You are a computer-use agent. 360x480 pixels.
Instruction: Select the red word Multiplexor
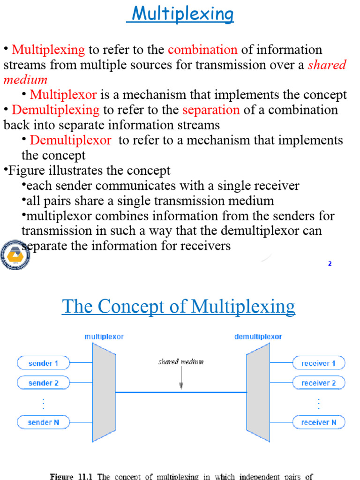(63, 95)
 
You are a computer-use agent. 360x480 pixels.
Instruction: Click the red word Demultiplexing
(56, 110)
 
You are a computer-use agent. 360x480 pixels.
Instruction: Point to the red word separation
(211, 110)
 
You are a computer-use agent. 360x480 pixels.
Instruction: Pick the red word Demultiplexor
(71, 140)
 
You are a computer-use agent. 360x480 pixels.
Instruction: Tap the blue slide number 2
(330, 263)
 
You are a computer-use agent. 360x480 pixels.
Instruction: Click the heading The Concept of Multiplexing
(179, 307)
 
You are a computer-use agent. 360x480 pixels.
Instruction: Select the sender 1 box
(44, 363)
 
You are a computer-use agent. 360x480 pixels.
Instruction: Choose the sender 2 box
(44, 383)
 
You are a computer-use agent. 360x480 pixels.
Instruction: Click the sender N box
(44, 422)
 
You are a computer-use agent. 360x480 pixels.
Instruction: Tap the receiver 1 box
(319, 363)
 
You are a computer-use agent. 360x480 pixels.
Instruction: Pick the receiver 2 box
(319, 383)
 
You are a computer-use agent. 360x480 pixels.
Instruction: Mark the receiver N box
(319, 422)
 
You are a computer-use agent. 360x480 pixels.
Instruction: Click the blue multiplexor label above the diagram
(104, 337)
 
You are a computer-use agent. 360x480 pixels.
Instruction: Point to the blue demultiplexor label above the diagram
(258, 337)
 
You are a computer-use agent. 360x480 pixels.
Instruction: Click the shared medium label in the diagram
(181, 362)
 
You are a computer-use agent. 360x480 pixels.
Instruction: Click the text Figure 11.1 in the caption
(71, 476)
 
